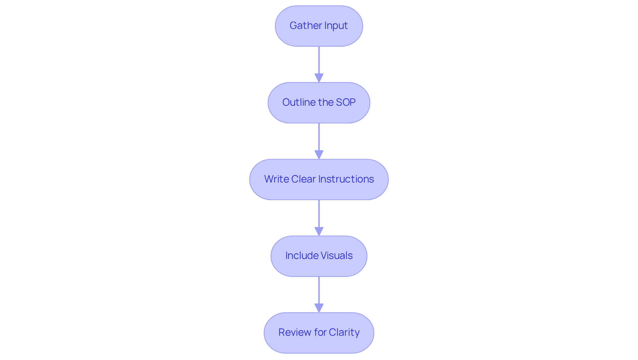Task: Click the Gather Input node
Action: [x=319, y=26]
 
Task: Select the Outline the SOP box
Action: [x=319, y=103]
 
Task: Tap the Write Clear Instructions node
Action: [x=319, y=180]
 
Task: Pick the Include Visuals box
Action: [x=319, y=256]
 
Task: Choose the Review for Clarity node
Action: [x=319, y=333]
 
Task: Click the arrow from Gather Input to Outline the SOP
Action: [x=319, y=64]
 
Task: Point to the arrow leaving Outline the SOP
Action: [x=319, y=141]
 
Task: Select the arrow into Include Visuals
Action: [x=319, y=218]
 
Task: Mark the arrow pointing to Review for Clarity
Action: [x=319, y=295]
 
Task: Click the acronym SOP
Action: [x=346, y=102]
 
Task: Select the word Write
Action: [x=276, y=179]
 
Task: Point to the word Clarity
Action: [x=344, y=333]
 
